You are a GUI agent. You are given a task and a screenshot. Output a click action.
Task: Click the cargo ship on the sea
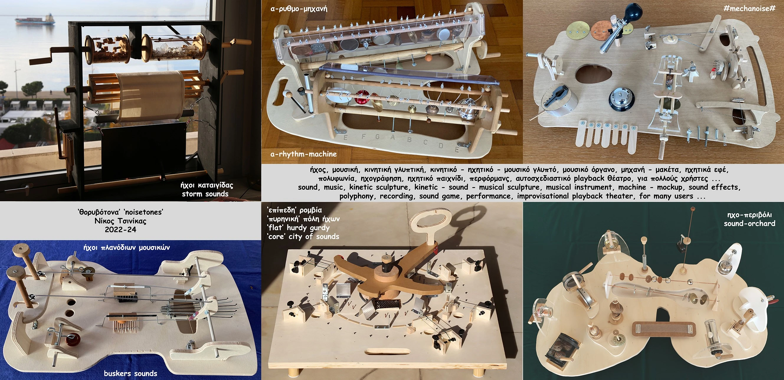(x=35, y=20)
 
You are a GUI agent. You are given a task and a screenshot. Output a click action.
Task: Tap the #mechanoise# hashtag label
(x=749, y=9)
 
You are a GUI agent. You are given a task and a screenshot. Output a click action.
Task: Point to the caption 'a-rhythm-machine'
(x=303, y=154)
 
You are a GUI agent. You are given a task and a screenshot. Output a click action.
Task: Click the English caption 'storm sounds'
(x=205, y=194)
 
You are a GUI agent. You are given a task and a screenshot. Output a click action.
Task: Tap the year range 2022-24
(x=120, y=230)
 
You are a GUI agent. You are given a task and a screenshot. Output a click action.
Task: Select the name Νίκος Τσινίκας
(x=120, y=221)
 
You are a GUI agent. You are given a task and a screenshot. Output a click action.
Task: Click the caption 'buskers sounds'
(x=130, y=373)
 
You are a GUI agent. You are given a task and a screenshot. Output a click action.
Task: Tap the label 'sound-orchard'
(x=749, y=224)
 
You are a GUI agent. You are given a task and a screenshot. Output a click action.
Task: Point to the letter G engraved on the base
(x=377, y=137)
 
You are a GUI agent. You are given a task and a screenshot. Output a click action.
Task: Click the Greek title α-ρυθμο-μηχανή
(x=299, y=9)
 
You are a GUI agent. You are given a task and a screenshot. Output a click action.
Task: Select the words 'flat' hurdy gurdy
(x=298, y=227)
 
